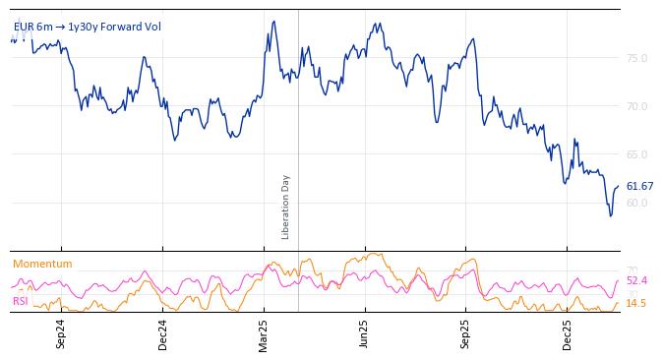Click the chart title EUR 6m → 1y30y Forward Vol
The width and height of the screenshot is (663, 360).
87,28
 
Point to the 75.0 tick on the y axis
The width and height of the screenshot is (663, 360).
636,58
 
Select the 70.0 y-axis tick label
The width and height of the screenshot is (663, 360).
636,106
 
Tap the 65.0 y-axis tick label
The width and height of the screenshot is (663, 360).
636,154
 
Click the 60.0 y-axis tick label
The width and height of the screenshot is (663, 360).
636,203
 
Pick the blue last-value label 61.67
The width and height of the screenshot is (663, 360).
639,186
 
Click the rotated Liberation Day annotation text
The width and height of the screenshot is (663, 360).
286,207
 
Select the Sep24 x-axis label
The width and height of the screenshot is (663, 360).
61,333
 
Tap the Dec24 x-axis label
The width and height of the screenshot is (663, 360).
163,333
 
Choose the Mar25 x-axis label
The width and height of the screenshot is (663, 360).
264,333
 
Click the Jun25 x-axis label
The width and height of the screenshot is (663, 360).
365,333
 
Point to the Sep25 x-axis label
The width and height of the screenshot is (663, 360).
466,333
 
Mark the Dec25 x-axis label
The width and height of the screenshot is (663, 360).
568,333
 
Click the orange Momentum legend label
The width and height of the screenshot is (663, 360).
42,264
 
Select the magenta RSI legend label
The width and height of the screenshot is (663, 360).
20,301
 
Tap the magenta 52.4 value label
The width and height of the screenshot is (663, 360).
636,280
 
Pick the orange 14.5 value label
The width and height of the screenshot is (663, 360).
636,303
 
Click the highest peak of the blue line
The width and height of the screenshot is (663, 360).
274,21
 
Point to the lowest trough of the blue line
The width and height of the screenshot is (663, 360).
610,215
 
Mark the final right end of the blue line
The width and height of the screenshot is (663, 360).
619,186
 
